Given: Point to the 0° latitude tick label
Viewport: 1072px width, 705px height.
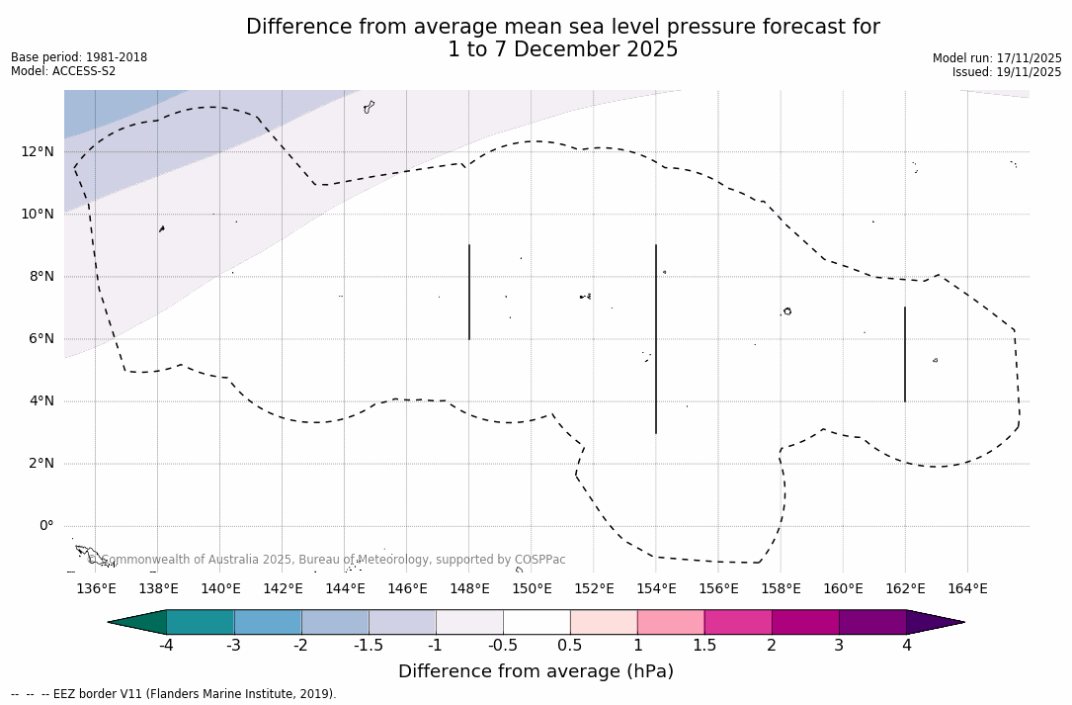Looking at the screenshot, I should tap(45, 526).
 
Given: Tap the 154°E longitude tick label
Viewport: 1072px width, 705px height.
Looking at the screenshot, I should tap(656, 589).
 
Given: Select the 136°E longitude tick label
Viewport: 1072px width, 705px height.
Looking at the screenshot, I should tap(96, 589).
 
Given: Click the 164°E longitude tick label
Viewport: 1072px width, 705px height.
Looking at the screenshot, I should tap(967, 589).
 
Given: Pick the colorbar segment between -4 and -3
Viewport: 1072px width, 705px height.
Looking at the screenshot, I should tap(201, 622).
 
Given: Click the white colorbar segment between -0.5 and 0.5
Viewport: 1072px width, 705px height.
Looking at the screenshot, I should tap(536, 622).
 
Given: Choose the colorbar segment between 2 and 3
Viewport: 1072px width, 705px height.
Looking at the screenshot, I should tap(805, 622).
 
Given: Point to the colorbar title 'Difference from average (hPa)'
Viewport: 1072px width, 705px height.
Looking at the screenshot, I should tap(536, 671).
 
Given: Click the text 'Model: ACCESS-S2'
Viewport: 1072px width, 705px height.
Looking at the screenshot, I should tap(63, 71).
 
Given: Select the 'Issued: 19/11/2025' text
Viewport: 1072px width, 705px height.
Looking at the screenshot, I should tap(1007, 72).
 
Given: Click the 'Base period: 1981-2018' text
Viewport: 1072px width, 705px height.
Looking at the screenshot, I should tap(79, 57).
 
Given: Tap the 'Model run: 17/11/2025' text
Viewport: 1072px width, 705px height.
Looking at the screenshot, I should tap(997, 58).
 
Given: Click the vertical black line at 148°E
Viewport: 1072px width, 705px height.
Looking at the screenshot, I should tap(469, 292).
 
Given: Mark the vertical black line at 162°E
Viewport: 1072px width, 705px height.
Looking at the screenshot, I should tap(905, 354).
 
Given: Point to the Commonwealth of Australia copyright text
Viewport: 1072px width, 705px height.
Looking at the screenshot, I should tap(326, 560).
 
